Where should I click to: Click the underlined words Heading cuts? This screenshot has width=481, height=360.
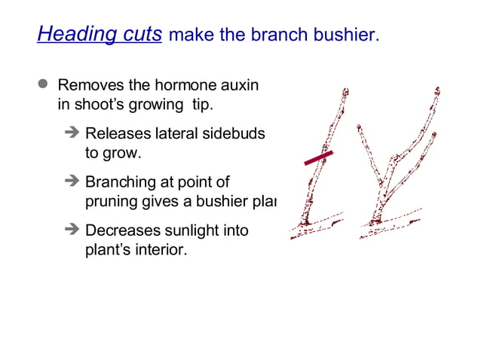click(99, 35)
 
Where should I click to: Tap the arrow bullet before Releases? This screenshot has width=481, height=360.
click(72, 133)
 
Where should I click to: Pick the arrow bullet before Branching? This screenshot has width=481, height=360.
click(72, 182)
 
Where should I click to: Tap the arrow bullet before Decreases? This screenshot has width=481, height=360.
click(72, 230)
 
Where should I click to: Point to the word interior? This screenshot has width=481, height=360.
click(160, 249)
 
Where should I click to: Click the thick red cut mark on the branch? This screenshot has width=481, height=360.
click(318, 157)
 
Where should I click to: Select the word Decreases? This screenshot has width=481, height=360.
click(120, 230)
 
